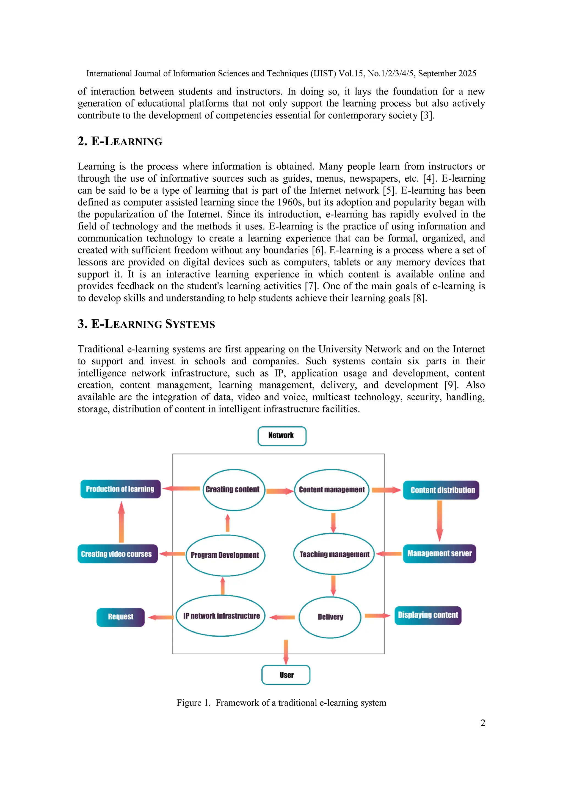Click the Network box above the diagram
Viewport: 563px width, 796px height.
[x=282, y=436]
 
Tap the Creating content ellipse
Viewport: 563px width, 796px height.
[x=233, y=490]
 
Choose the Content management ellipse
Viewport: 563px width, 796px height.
[x=332, y=490]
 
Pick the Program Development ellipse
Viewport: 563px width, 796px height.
[x=225, y=555]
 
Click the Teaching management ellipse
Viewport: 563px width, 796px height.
[x=334, y=554]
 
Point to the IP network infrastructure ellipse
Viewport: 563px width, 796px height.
[x=221, y=616]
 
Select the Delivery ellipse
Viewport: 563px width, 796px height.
[x=330, y=617]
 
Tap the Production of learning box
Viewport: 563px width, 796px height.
[x=120, y=489]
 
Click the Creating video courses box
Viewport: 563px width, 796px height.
[x=117, y=554]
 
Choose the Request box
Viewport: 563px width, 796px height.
[x=120, y=617]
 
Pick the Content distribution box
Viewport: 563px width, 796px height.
[x=441, y=490]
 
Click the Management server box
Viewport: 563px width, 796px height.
[x=439, y=553]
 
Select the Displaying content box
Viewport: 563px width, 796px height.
[x=428, y=615]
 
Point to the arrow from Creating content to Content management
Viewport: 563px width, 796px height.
[x=280, y=491]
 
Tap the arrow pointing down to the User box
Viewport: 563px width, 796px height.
[x=286, y=652]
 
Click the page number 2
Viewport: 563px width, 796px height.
[x=482, y=723]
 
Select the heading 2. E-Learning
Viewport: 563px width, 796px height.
[x=120, y=142]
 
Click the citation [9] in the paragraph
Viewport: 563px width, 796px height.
[x=451, y=385]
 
